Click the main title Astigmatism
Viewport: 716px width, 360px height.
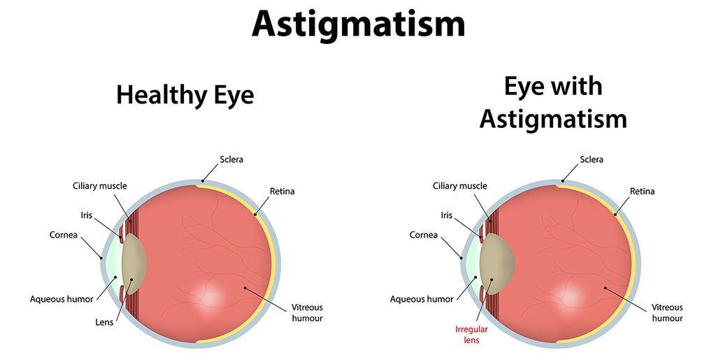[x=359, y=24]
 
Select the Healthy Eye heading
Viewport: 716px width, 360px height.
[x=185, y=96]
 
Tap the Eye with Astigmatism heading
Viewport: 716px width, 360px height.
[x=553, y=103]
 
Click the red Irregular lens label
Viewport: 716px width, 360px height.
[x=471, y=334]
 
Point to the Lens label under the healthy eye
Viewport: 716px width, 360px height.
[x=104, y=322]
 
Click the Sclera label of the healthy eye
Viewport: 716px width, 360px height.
[x=231, y=159]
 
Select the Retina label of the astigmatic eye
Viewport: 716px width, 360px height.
[x=642, y=191]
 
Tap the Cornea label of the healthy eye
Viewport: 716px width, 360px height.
[x=64, y=235]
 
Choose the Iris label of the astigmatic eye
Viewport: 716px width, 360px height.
[x=447, y=215]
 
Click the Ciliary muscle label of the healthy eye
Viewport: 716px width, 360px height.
[x=100, y=186]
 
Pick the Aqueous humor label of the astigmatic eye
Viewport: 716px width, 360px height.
[x=422, y=299]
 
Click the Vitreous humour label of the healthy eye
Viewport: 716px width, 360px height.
[x=308, y=312]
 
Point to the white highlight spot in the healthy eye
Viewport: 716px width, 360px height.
[x=208, y=296]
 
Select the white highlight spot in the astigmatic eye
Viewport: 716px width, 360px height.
[x=568, y=296]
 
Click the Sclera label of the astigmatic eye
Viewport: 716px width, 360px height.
[x=592, y=159]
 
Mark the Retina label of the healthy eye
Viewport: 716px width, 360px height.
[x=282, y=191]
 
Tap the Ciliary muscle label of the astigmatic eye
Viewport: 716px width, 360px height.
[x=460, y=186]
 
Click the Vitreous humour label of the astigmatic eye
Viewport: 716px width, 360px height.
[x=667, y=312]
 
